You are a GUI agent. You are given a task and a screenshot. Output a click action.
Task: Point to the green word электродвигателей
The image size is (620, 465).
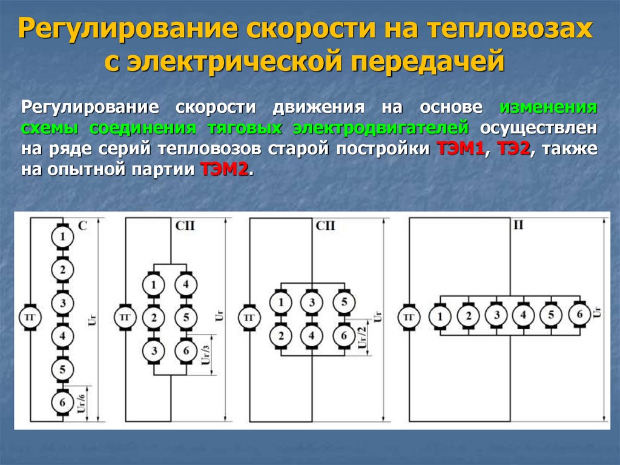[381, 129]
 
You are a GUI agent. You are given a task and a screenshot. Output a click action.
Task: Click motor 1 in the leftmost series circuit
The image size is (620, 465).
[61, 238]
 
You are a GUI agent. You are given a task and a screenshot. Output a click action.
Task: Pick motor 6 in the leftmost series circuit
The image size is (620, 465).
[61, 401]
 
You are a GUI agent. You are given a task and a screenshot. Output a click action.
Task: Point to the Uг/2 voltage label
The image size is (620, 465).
[362, 336]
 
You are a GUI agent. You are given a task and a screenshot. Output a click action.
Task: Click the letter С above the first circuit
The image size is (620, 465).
[83, 226]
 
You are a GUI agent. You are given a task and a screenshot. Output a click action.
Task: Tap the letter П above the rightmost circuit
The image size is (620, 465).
[518, 226]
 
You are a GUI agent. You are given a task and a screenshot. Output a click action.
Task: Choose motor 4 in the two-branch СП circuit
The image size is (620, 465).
[186, 284]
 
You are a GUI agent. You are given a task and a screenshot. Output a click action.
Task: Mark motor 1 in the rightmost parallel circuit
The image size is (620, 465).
[440, 315]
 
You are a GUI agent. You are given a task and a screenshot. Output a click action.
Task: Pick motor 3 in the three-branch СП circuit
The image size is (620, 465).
[312, 303]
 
